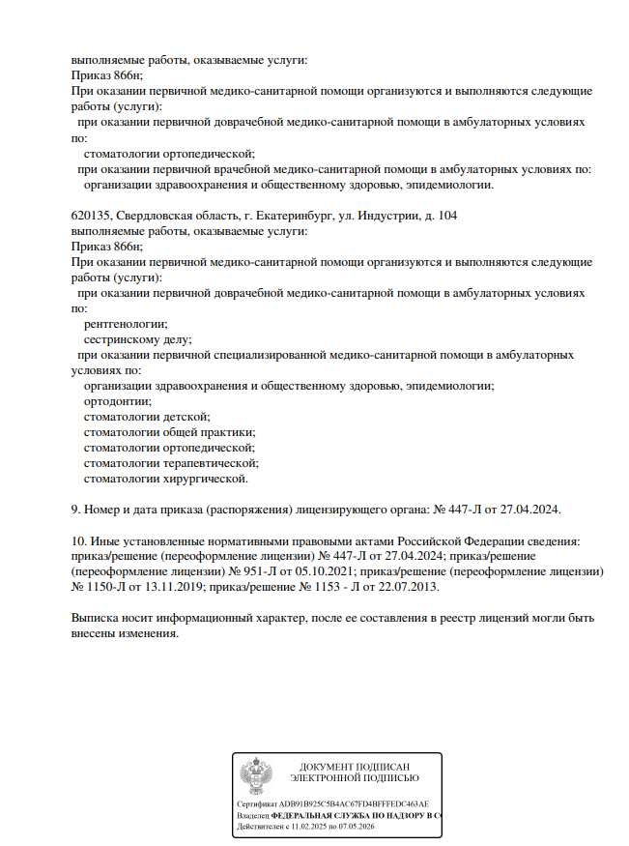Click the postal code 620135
click(91, 216)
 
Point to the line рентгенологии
click(126, 324)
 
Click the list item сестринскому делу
click(138, 339)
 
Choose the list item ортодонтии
click(118, 401)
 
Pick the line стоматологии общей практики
click(170, 432)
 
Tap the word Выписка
click(98, 618)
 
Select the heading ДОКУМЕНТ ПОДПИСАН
click(355, 767)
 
